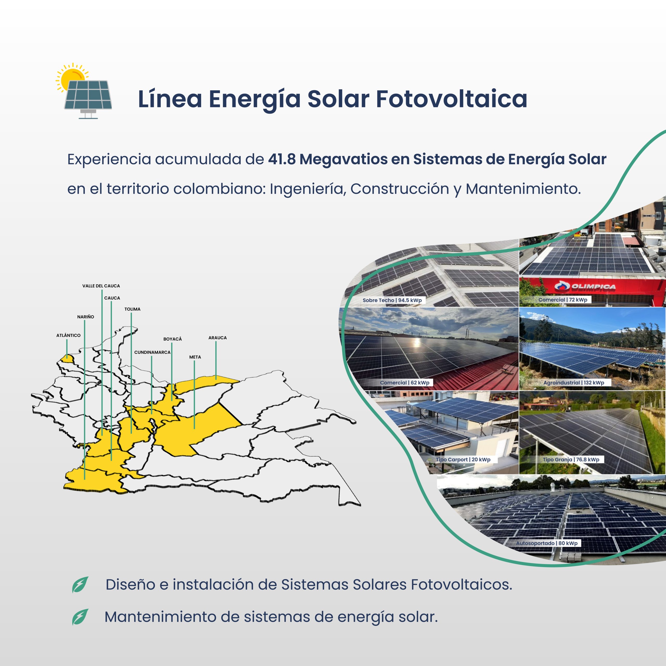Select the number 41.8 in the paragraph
[x=282, y=159]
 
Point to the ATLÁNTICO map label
[x=68, y=335]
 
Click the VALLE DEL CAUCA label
[x=101, y=286]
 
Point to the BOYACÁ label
[x=172, y=339]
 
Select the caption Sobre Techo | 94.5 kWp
[x=392, y=300]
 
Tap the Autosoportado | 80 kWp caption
[x=547, y=543]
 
